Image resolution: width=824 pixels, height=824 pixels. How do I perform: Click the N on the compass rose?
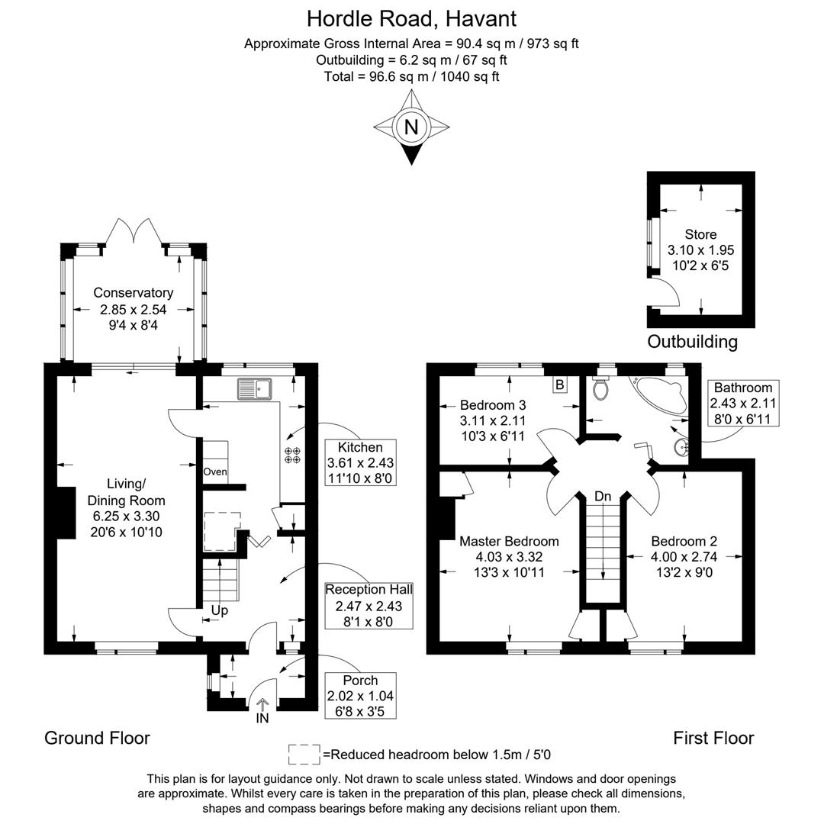click(x=411, y=127)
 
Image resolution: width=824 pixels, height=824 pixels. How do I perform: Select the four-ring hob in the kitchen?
click(x=291, y=455)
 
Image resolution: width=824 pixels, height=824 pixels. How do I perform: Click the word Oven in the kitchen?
click(x=215, y=472)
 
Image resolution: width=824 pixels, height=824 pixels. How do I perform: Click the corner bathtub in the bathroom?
click(x=658, y=394)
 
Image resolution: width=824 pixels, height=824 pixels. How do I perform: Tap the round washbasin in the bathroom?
click(x=679, y=447)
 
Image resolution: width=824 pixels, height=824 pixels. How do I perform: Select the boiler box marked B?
click(x=559, y=385)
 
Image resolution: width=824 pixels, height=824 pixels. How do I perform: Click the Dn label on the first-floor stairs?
click(x=604, y=497)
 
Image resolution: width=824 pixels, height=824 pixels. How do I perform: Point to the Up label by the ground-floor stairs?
click(x=220, y=610)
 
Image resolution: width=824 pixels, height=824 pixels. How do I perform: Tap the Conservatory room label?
click(x=134, y=293)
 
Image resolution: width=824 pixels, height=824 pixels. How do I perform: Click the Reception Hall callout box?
click(x=369, y=606)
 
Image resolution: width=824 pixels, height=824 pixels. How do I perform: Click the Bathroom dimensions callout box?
click(x=743, y=404)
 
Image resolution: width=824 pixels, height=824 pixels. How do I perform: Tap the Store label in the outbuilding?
click(x=700, y=235)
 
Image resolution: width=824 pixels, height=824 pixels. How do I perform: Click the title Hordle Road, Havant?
click(x=411, y=18)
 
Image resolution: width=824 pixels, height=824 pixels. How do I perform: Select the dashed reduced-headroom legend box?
click(x=304, y=755)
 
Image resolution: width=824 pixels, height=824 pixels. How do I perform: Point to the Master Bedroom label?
click(x=509, y=541)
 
